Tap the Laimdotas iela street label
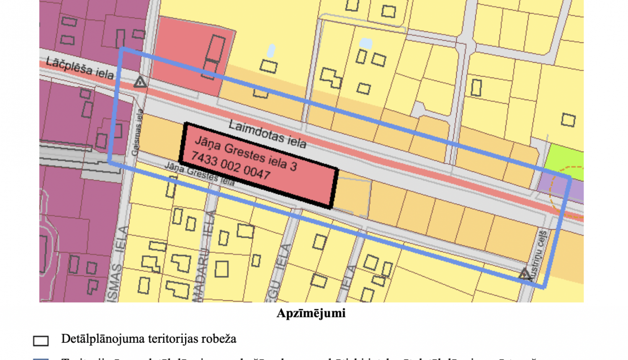click(x=268, y=134)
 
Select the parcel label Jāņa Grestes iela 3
click(x=246, y=154)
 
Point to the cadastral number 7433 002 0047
click(x=231, y=165)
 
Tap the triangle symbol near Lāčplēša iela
click(x=140, y=82)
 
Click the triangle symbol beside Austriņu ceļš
click(x=525, y=274)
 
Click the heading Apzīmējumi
click(x=311, y=314)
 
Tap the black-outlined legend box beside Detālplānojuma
click(x=41, y=341)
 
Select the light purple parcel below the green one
click(x=561, y=188)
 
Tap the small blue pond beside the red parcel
click(x=271, y=51)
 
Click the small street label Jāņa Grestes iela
click(x=199, y=174)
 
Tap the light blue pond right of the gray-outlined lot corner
click(x=365, y=43)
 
